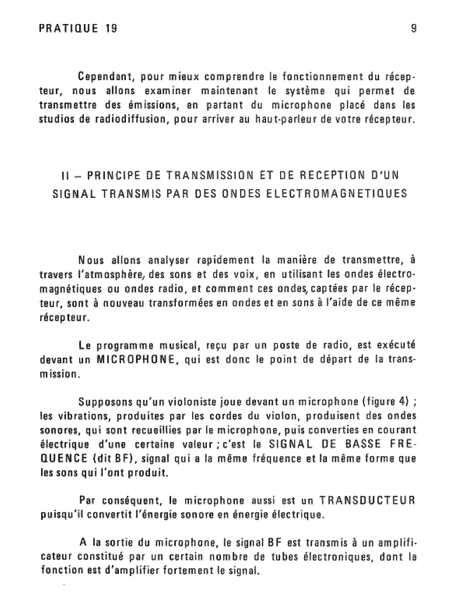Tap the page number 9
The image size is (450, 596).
pyautogui.click(x=414, y=27)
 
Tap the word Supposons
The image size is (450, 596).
pyautogui.click(x=106, y=402)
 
